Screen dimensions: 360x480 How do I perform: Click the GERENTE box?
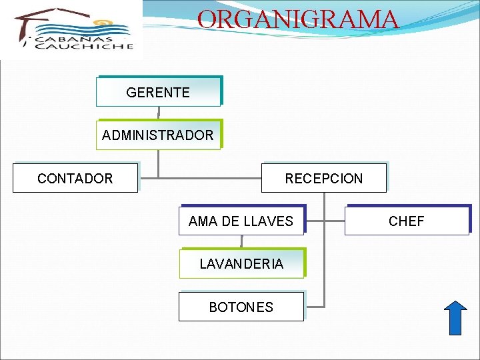(x=158, y=93)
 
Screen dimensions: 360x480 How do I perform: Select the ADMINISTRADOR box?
(x=158, y=135)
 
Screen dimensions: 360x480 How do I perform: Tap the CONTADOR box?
(x=75, y=179)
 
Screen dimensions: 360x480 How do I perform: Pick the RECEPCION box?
(x=323, y=179)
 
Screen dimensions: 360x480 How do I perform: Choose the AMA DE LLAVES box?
(x=241, y=221)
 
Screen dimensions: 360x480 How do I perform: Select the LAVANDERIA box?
(x=241, y=264)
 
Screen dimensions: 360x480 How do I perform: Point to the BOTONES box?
(x=241, y=307)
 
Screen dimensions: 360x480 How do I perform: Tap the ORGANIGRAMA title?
(x=298, y=19)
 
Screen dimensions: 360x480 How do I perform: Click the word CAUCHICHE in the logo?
(x=85, y=47)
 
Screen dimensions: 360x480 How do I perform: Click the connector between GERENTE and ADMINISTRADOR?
(x=159, y=113)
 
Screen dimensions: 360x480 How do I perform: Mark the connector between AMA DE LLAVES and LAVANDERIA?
(x=241, y=242)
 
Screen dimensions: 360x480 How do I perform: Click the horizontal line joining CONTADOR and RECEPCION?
(x=200, y=178)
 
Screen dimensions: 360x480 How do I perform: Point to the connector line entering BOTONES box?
(x=313, y=307)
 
